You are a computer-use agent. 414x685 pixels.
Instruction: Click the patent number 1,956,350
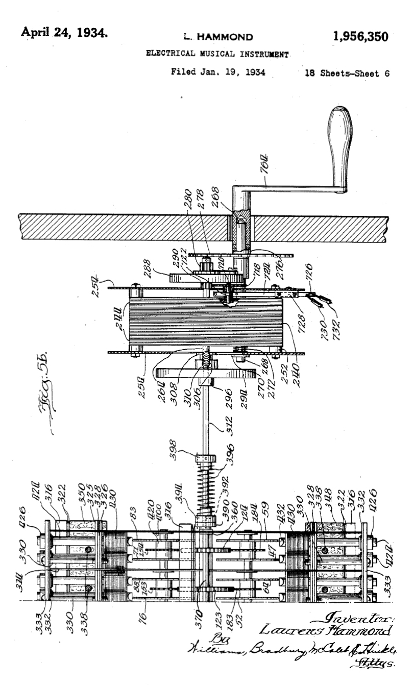point(361,36)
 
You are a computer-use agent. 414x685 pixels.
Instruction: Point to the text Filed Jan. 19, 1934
point(218,72)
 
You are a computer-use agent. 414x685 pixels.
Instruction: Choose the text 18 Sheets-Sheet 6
point(347,73)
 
